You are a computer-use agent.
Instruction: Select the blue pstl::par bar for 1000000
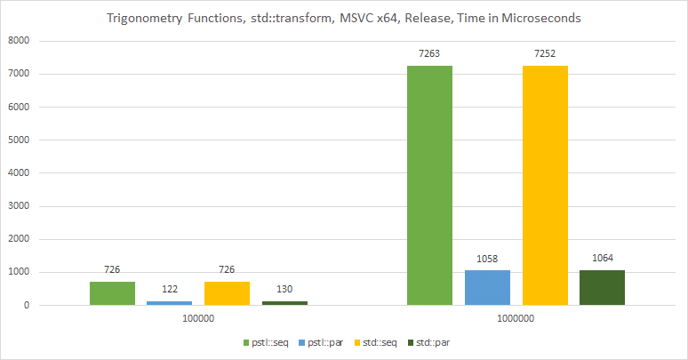(487, 288)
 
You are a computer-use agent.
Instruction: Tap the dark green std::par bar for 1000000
(603, 288)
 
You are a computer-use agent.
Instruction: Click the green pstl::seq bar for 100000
(112, 293)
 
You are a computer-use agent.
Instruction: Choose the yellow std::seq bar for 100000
(228, 293)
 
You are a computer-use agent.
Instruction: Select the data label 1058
(487, 260)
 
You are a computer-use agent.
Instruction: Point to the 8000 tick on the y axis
(19, 41)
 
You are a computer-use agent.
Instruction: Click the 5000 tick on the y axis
(19, 140)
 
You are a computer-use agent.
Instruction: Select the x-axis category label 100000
(198, 316)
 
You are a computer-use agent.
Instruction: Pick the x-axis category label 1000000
(516, 316)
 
